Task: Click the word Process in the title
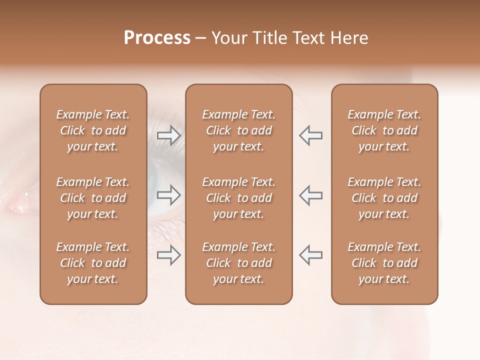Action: coord(157,38)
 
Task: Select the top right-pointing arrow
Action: coord(168,135)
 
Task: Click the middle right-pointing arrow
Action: coord(168,195)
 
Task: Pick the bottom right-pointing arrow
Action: coord(168,255)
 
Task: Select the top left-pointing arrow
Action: coord(310,135)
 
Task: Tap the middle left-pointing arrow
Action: coord(310,195)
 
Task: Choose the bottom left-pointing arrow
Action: coord(310,255)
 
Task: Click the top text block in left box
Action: coord(93,130)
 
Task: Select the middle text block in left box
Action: coord(93,198)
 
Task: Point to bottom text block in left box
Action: coord(93,263)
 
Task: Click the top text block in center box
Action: coord(238,130)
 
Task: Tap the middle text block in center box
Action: coord(238,198)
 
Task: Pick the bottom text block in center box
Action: coord(238,263)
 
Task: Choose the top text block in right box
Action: coord(384,130)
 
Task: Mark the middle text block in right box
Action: coord(384,198)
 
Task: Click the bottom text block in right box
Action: coord(384,263)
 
